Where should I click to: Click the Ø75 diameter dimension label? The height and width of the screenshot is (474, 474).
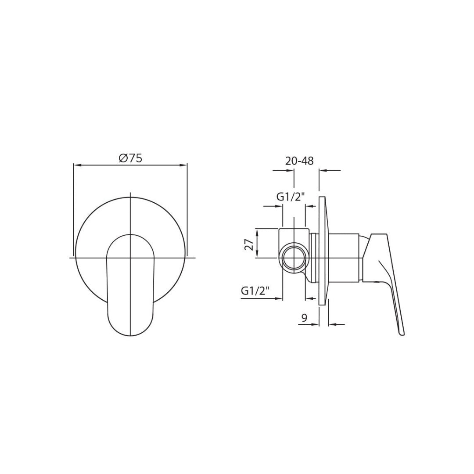pos(130,158)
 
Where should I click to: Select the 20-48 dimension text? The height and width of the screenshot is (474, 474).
pos(299,161)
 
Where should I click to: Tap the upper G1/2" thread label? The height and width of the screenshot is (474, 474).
pos(291,197)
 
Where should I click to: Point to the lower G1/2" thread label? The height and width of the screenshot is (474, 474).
pos(255,290)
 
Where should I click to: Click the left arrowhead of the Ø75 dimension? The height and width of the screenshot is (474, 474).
pos(77,165)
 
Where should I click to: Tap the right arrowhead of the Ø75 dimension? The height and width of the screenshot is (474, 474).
pos(184,165)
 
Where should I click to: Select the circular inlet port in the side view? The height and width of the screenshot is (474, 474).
pos(293,258)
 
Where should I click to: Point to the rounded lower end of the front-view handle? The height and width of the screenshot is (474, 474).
pos(131,327)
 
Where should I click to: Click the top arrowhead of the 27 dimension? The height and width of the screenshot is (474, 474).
pos(257,231)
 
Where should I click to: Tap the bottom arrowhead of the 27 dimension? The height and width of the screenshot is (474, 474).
pos(257,255)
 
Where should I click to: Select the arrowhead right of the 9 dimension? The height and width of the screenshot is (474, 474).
pos(332,325)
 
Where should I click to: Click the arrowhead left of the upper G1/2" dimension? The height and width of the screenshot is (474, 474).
pos(279,206)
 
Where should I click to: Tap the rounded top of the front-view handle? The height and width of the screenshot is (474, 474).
pos(131,237)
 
